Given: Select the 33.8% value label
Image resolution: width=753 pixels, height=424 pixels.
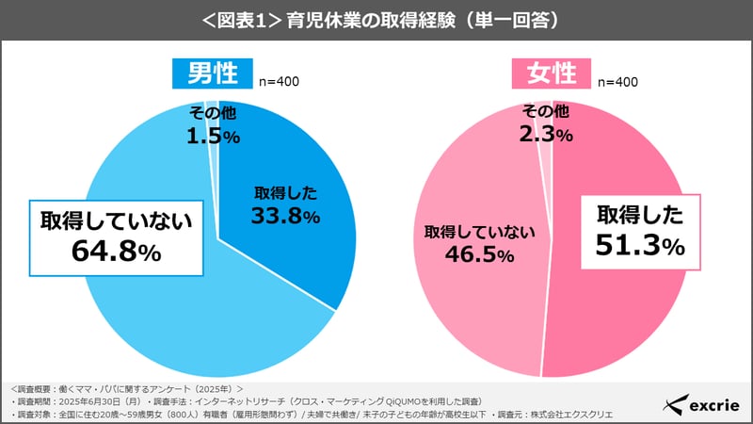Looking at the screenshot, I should pos(286,216).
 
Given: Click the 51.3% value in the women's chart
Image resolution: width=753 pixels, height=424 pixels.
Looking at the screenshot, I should pos(640,246).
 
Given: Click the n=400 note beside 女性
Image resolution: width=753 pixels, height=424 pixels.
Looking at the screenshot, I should pos(616,81).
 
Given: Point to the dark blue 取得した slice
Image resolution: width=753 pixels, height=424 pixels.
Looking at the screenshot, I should pos(301,170).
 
